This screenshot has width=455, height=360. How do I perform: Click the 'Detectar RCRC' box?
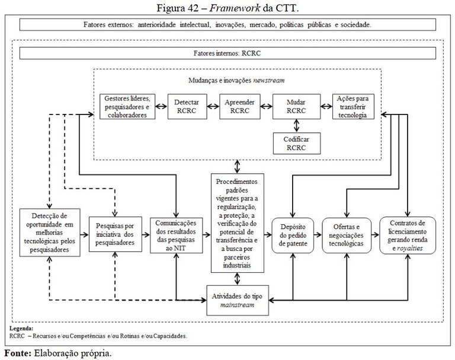pyautogui.click(x=187, y=107)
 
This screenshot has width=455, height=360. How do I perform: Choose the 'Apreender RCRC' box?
pyautogui.click(x=239, y=107)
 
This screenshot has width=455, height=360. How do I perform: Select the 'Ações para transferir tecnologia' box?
pyautogui.click(x=354, y=107)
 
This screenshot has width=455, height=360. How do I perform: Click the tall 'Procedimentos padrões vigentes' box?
pyautogui.click(x=237, y=223)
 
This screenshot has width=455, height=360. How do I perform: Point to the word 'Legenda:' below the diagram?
pyautogui.click(x=21, y=328)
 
